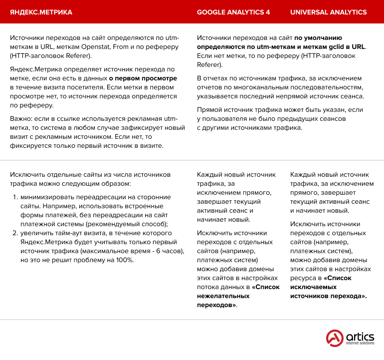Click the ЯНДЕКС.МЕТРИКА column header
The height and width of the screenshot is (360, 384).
click(41, 12)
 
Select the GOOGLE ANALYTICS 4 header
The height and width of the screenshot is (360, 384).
click(233, 12)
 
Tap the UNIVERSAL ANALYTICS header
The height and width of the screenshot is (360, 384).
click(328, 12)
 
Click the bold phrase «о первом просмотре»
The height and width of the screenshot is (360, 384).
click(143, 78)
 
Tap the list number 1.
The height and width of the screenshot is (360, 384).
click(15, 197)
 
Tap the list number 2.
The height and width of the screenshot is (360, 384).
click(15, 233)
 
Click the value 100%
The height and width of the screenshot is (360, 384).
click(124, 260)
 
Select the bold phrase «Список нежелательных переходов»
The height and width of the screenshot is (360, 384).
click(238, 296)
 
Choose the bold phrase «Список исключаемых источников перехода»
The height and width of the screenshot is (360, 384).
click(329, 287)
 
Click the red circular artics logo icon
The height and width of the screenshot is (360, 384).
click(335, 338)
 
